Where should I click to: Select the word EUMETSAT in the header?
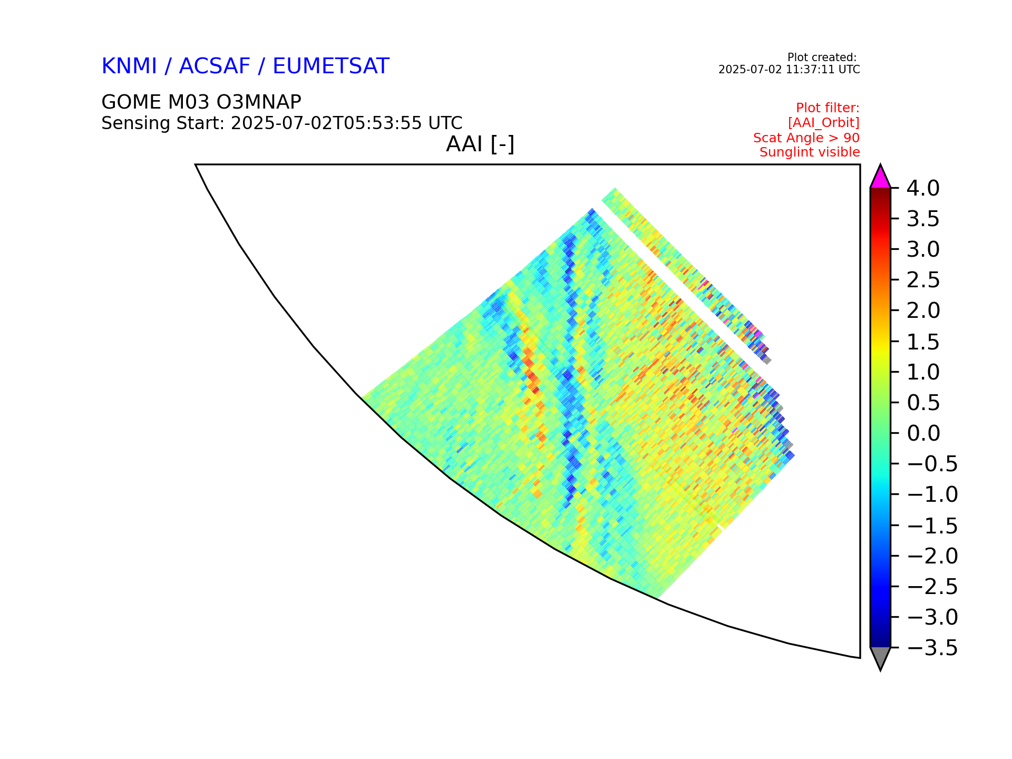(x=331, y=66)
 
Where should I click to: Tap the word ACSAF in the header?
(x=215, y=66)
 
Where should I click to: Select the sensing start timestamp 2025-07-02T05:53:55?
(x=326, y=123)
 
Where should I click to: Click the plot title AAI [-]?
(x=480, y=144)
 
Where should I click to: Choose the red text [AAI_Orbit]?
(x=824, y=123)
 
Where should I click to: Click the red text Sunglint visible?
(x=810, y=152)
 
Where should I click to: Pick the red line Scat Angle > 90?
(x=806, y=138)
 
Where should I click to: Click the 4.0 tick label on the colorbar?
(x=923, y=188)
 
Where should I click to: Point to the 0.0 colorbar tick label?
(x=923, y=433)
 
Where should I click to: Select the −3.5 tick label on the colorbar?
(x=932, y=648)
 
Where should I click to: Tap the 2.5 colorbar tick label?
(x=923, y=280)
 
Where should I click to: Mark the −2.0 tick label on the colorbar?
(x=932, y=556)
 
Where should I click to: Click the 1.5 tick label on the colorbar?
(x=923, y=342)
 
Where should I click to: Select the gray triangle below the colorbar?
(x=880, y=657)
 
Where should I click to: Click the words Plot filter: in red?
(x=828, y=108)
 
